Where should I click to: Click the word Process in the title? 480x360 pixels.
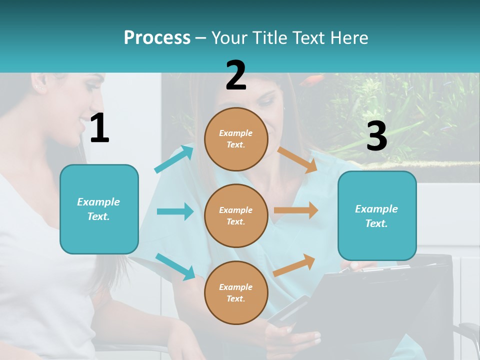pyautogui.click(x=157, y=38)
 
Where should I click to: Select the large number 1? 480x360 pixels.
pyautogui.click(x=99, y=128)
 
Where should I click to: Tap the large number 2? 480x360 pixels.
pyautogui.click(x=236, y=75)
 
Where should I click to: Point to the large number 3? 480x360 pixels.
pyautogui.click(x=376, y=136)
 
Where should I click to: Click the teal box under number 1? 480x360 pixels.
pyautogui.click(x=99, y=209)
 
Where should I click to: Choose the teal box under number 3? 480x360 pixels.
pyautogui.click(x=377, y=216)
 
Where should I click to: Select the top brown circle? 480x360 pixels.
pyautogui.click(x=236, y=139)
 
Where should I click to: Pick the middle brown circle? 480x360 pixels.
pyautogui.click(x=236, y=216)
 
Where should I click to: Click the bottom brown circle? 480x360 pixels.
pyautogui.click(x=236, y=293)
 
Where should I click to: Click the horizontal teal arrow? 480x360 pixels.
pyautogui.click(x=175, y=211)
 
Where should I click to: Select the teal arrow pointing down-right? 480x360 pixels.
pyautogui.click(x=175, y=266)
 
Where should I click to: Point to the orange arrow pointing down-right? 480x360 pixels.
pyautogui.click(x=297, y=160)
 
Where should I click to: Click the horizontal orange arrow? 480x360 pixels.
pyautogui.click(x=296, y=210)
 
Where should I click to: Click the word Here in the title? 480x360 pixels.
pyautogui.click(x=348, y=38)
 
